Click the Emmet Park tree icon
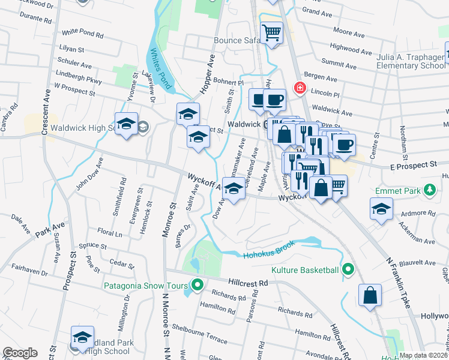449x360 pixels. (430, 191)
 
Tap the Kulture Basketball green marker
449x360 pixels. (347, 269)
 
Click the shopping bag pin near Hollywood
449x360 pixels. (370, 294)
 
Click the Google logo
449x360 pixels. (20, 353)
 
